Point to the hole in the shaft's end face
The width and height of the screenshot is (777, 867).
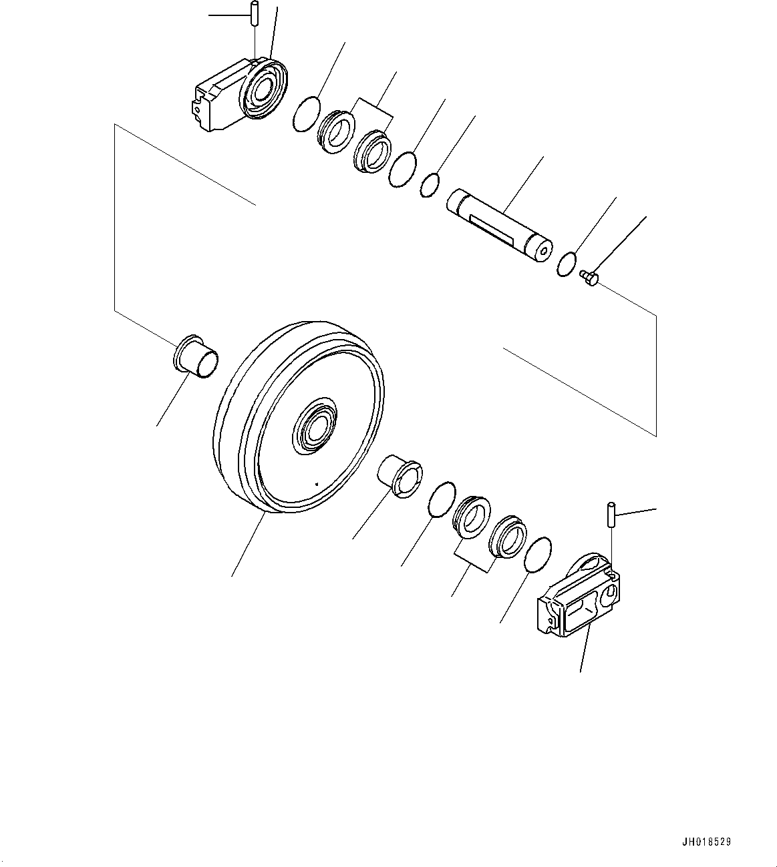click(543, 252)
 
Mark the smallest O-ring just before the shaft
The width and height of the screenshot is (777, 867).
click(431, 185)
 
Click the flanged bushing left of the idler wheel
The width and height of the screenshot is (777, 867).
click(196, 356)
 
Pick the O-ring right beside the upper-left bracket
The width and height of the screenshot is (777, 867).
click(307, 113)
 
